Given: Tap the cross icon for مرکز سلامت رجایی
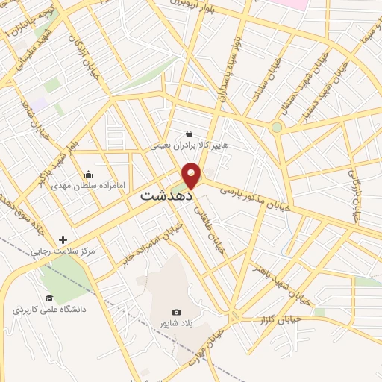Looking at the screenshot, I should [x=63, y=240].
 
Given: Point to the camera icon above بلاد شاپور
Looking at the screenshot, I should [x=176, y=312].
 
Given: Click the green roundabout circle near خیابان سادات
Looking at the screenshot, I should [x=277, y=128].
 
